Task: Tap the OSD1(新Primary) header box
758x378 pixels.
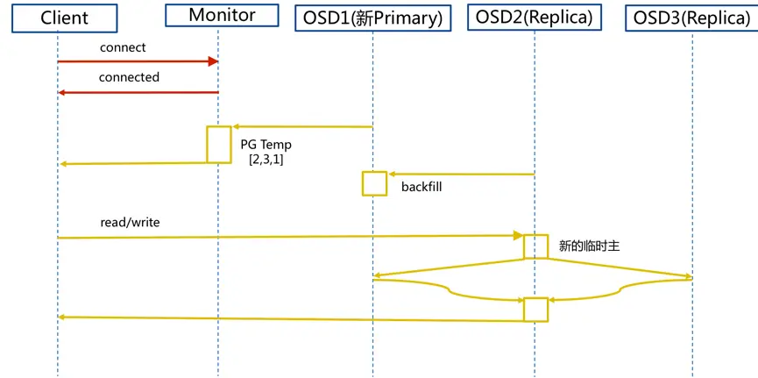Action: tap(372, 18)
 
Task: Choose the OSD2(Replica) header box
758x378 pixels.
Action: tap(534, 18)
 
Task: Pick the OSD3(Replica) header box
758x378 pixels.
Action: tap(691, 18)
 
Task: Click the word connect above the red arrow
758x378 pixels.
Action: tap(123, 47)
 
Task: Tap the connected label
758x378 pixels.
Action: tap(129, 77)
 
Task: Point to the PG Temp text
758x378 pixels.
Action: tap(266, 145)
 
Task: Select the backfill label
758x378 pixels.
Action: tap(422, 187)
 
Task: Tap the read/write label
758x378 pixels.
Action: tap(130, 223)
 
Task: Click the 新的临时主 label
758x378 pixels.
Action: tap(589, 246)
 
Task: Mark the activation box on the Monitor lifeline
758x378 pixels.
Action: tap(219, 144)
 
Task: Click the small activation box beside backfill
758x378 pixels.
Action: tap(374, 183)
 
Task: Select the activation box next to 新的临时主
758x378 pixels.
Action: tap(535, 246)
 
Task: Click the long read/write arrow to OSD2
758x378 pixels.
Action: tap(289, 237)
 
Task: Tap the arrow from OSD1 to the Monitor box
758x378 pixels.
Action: tap(302, 127)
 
